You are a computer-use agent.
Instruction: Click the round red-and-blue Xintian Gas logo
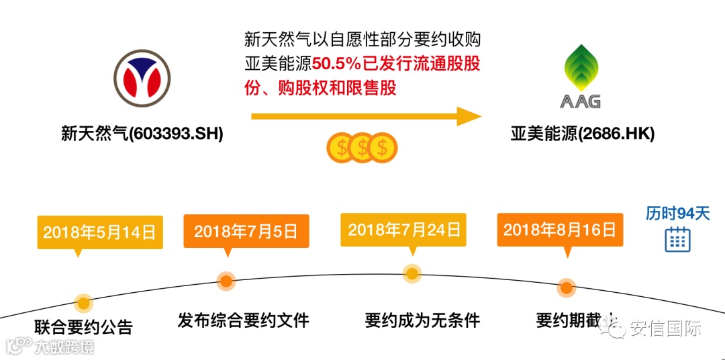coord(142,79)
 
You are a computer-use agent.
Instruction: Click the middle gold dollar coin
coord(362,147)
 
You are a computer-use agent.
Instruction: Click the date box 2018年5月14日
coord(100,232)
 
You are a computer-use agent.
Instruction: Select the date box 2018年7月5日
coord(246,232)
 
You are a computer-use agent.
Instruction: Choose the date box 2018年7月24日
coord(404,230)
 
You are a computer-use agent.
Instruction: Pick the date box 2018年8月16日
coord(559,230)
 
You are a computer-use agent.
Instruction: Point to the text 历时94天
coord(677,214)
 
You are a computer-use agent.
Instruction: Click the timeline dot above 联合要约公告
coord(83,304)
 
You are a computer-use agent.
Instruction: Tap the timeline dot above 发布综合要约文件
coord(226,281)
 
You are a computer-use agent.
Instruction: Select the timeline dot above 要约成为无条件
coord(412,273)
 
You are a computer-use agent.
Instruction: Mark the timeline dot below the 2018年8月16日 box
coord(567,287)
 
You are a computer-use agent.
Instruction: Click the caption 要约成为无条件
coord(422,320)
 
